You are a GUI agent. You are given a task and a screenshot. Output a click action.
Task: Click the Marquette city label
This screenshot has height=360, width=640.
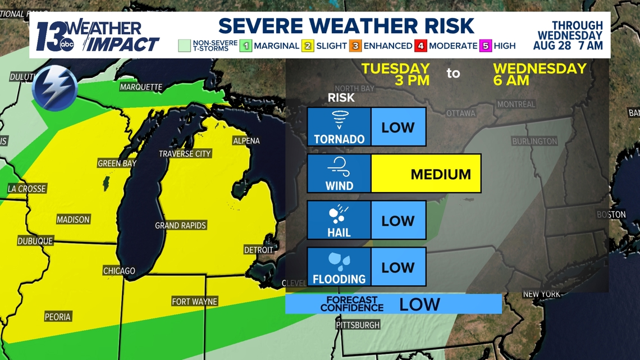[141, 87]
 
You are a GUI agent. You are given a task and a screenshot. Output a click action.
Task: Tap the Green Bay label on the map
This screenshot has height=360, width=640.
[117, 163]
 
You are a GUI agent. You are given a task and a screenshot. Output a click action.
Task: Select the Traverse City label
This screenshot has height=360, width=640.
[185, 154]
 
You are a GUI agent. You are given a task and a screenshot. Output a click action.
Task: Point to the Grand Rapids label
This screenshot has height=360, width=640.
[181, 226]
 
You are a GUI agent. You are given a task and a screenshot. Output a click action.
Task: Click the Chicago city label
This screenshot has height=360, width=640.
[119, 271]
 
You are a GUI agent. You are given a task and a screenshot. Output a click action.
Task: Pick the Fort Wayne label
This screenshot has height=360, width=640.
[194, 302]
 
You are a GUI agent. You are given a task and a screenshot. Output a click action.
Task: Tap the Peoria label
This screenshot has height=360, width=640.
[58, 317]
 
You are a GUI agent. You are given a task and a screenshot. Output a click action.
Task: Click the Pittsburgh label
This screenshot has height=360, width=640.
[358, 325]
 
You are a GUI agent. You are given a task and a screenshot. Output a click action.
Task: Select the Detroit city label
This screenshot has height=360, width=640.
[258, 250]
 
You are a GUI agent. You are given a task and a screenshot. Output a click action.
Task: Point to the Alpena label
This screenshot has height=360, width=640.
[246, 140]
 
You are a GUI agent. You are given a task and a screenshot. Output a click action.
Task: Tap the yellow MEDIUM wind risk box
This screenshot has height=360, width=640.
[426, 174]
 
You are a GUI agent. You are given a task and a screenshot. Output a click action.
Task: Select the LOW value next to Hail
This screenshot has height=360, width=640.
[398, 221]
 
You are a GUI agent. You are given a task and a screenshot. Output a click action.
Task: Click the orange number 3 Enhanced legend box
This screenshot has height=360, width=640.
[356, 46]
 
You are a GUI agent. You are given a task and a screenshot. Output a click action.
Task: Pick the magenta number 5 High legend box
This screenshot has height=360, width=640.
[486, 46]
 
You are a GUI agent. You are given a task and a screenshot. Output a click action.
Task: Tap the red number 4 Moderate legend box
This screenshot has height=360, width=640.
[421, 46]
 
